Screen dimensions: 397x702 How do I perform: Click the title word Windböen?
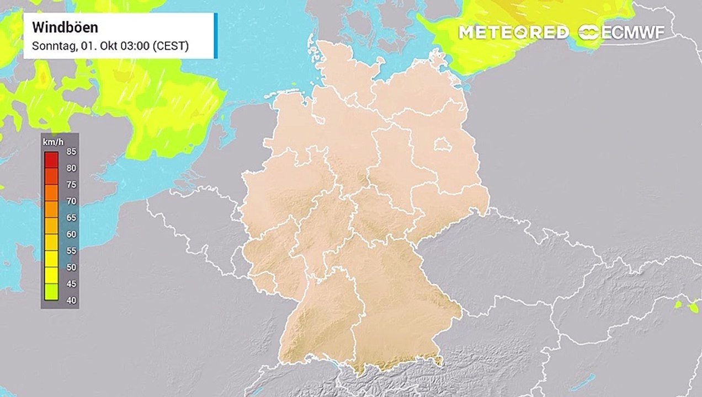[65, 28]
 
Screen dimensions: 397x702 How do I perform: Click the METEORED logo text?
[513, 32]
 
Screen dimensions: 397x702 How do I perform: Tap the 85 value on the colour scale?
[71, 152]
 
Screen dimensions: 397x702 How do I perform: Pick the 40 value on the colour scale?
[71, 301]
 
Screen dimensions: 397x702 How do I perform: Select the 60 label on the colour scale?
[71, 234]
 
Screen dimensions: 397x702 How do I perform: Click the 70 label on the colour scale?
[71, 201]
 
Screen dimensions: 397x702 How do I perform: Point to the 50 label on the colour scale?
[71, 267]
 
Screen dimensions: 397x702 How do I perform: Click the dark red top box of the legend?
[52, 159]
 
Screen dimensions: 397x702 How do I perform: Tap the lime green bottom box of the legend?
[52, 292]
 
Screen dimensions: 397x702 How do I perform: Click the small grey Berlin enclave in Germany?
[442, 145]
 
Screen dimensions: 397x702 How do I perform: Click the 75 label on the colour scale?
[71, 185]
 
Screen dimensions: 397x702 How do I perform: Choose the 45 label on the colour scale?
[71, 284]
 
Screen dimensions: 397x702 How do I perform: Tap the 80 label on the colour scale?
[71, 168]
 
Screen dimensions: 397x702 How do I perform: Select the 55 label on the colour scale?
[71, 251]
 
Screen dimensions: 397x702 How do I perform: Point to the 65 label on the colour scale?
[71, 218]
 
